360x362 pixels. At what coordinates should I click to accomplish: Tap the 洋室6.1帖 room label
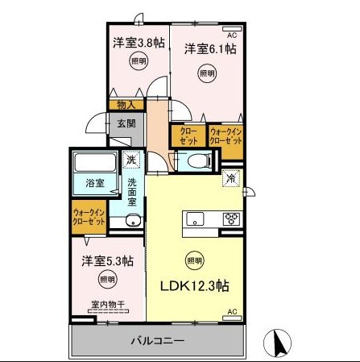point(209,49)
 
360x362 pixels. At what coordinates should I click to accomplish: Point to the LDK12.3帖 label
point(194,286)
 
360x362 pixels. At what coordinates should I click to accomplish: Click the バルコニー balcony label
point(158,340)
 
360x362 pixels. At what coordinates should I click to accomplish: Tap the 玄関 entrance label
point(126,123)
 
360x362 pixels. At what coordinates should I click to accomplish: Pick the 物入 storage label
point(126,105)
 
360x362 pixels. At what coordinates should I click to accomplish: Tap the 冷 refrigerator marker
point(230,177)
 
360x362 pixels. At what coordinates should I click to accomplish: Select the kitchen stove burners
point(231,218)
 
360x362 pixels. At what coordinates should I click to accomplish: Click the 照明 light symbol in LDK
point(194,260)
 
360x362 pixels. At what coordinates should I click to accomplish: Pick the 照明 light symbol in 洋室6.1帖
point(207,73)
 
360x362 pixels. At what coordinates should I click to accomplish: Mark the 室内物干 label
point(105,305)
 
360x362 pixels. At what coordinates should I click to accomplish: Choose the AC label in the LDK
point(231,311)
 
